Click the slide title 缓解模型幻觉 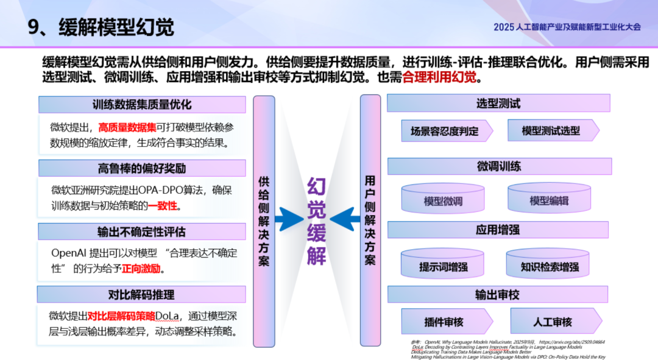[x=116, y=27]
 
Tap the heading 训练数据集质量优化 [x=142, y=105]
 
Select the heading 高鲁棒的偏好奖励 [x=142, y=168]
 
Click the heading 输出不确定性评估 [x=142, y=232]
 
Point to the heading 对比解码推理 [x=142, y=295]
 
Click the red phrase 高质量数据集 [x=127, y=128]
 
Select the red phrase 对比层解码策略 [x=121, y=316]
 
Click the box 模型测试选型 [x=551, y=131]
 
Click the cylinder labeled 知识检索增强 [x=550, y=266]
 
